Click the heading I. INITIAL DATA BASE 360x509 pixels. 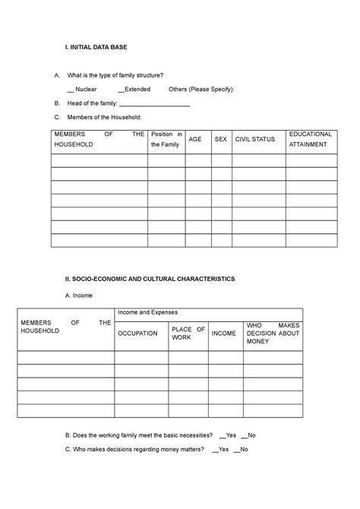(96, 48)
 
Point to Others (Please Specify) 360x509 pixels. (201, 89)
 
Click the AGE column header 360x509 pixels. (197, 140)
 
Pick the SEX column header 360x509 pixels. (221, 140)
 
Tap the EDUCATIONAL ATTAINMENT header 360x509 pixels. (310, 139)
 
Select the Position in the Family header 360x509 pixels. (166, 139)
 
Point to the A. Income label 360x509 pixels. (79, 295)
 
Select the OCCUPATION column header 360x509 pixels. (137, 334)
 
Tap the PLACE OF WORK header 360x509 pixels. (188, 334)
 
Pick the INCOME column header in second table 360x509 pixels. (223, 334)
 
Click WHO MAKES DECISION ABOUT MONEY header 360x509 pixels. (273, 334)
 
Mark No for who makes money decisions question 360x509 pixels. (236, 449)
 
